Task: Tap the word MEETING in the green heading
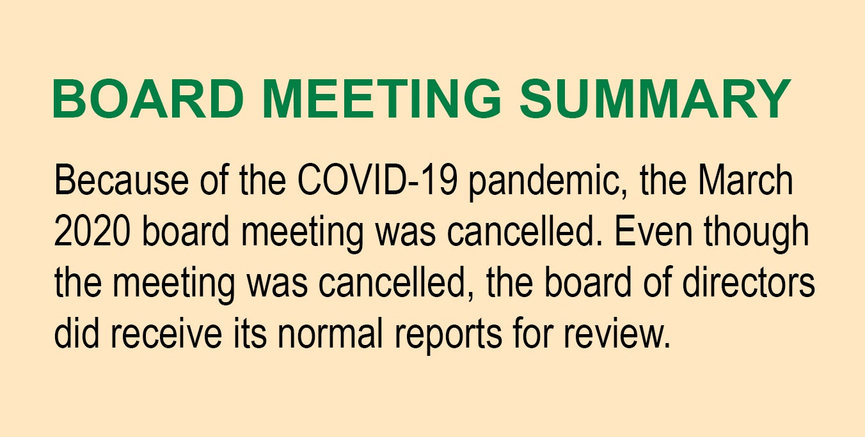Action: [x=381, y=98]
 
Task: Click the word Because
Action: [x=122, y=180]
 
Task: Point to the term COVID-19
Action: [x=377, y=180]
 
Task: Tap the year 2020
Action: [x=92, y=231]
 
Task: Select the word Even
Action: [x=653, y=231]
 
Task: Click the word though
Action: [x=756, y=234]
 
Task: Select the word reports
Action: [x=448, y=335]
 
